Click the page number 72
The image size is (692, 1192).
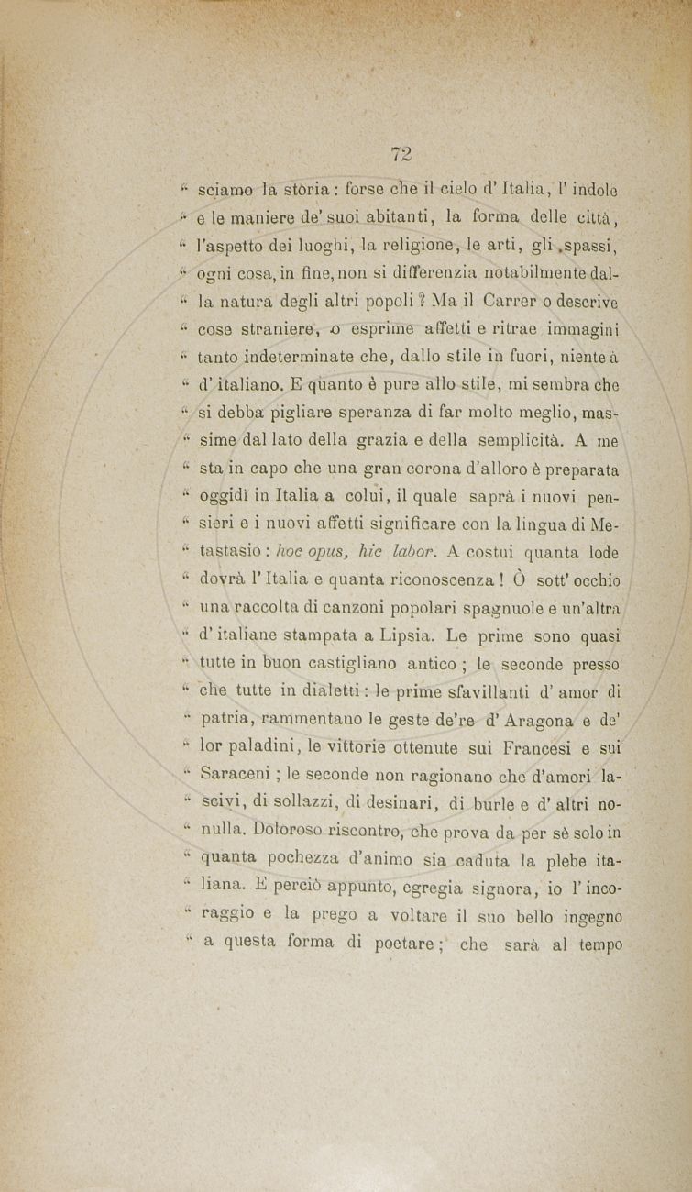click(401, 155)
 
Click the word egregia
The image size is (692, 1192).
click(449, 887)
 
